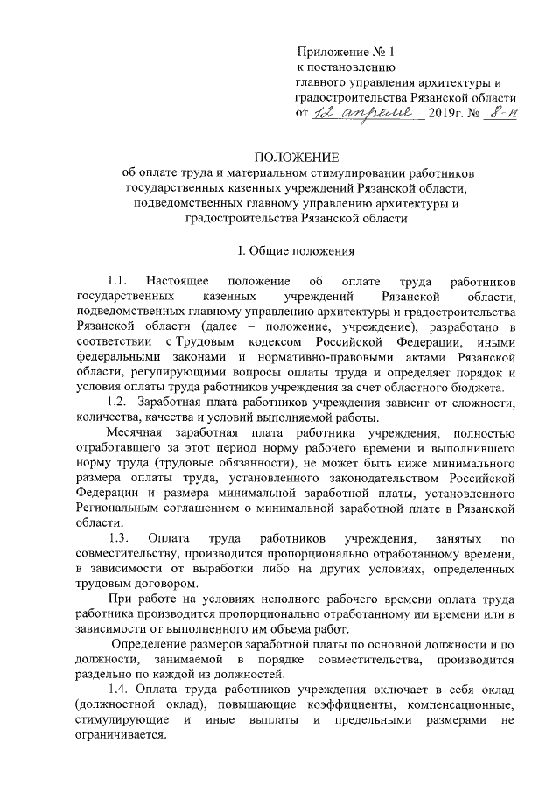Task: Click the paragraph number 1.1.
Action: [x=118, y=282]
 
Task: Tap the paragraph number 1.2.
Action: [x=118, y=402]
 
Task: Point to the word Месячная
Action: [x=133, y=432]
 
